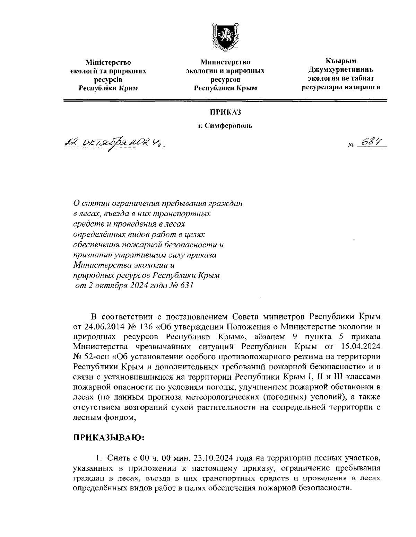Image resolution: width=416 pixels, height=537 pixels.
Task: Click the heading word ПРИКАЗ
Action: [225, 113]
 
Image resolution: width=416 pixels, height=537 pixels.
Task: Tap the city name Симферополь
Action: [228, 125]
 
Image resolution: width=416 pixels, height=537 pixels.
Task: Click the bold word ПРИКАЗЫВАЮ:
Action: [108, 438]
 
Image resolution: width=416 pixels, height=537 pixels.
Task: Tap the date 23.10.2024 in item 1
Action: [213, 459]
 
